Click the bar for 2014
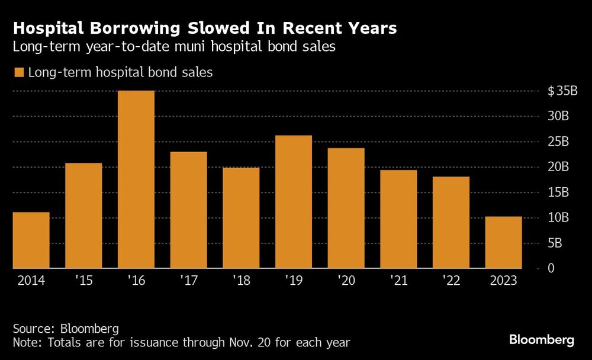pos(31,240)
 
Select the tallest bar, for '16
pos(136,179)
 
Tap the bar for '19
pos(294,202)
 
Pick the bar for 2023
pos(504,242)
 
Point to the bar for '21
pos(398,219)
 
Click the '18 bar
pos(241,218)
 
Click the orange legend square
pos(18,73)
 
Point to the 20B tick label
pos(558,168)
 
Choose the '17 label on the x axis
pos(189,280)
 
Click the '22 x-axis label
pos(451,280)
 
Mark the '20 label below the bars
pos(346,280)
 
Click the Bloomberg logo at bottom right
pos(542,340)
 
